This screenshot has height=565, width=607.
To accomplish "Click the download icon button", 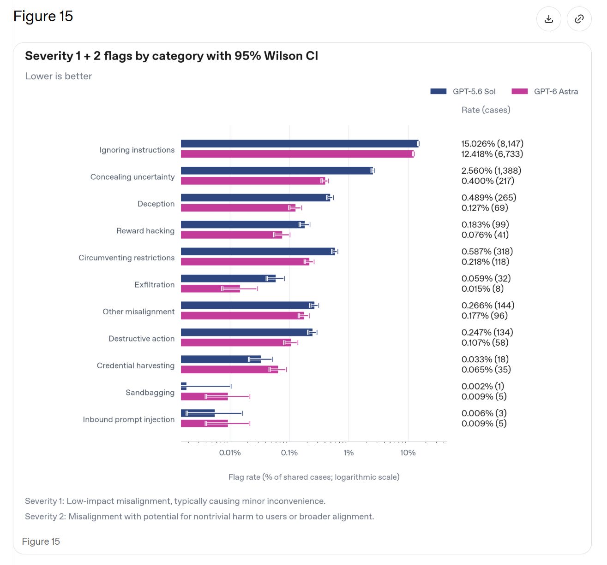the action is (x=548, y=19).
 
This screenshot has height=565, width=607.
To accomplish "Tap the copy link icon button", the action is (x=578, y=19).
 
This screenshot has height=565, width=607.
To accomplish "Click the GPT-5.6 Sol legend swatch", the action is (x=438, y=91).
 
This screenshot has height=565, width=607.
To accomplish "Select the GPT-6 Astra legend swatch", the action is (x=519, y=91).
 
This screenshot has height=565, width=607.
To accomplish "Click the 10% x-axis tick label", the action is (x=408, y=453).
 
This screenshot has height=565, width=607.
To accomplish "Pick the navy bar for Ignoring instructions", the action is (x=300, y=143).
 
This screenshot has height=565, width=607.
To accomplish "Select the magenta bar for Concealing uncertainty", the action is (x=253, y=181).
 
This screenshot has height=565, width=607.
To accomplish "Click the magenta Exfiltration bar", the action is (x=210, y=288).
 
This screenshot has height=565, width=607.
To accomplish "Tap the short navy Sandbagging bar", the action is (x=183, y=386).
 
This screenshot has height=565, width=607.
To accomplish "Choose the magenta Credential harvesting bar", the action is (x=229, y=369).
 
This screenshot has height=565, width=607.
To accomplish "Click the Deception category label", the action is (x=156, y=204).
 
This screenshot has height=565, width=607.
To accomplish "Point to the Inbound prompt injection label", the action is (x=129, y=419).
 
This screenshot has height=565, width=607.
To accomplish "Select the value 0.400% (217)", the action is (x=487, y=181).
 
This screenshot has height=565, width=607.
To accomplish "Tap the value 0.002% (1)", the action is (x=483, y=386).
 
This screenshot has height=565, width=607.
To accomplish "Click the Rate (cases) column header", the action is (x=486, y=110).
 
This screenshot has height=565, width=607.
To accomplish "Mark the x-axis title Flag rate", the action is (x=314, y=477).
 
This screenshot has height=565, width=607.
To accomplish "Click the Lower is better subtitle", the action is (x=58, y=76).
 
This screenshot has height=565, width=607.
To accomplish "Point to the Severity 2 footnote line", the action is (x=199, y=516).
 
